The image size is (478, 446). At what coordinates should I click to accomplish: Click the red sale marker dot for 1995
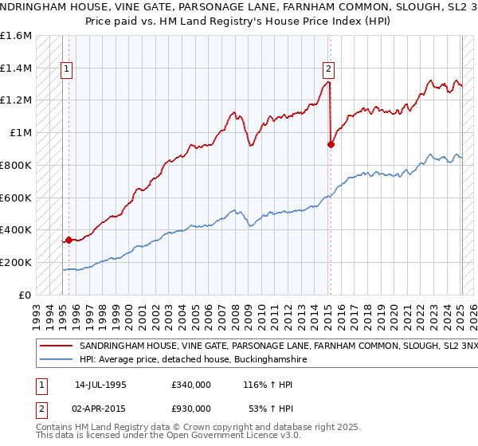coord(69,239)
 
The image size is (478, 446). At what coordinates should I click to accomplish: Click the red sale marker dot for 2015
coord(331,144)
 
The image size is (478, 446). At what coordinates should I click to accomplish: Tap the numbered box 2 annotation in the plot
coord(328,69)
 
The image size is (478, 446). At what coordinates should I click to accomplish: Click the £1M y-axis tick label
coord(20,133)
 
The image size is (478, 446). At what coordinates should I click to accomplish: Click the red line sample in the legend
coord(57,347)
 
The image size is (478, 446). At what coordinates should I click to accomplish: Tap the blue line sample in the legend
coord(57,360)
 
